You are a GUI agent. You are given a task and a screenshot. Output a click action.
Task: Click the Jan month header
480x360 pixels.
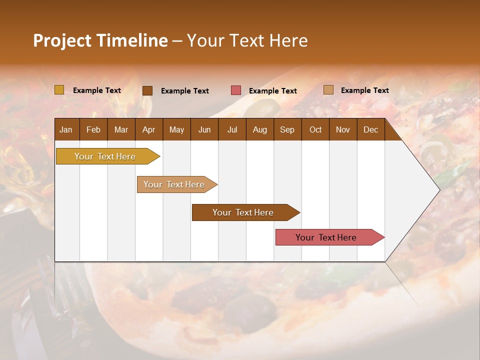click(x=66, y=129)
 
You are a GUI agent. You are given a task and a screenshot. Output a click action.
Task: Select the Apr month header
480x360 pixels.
click(x=148, y=129)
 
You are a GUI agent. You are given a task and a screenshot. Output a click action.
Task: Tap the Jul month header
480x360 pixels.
click(x=232, y=129)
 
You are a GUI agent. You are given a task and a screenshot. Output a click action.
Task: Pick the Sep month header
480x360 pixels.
click(x=287, y=129)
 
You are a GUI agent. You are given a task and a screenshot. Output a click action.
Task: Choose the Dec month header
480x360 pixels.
click(x=370, y=129)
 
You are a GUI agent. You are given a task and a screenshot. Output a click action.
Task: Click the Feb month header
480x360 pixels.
click(x=93, y=129)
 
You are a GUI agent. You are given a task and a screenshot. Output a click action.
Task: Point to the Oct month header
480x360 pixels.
click(x=315, y=129)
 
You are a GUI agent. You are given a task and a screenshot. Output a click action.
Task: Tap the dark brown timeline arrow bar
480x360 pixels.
click(x=243, y=212)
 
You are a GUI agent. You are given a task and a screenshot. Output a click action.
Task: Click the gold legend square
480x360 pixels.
click(x=59, y=90)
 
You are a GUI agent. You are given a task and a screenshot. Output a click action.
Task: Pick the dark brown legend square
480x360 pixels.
click(x=147, y=90)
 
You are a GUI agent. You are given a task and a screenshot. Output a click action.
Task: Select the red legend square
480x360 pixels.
click(x=236, y=90)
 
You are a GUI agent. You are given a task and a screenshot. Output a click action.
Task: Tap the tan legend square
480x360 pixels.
click(x=328, y=90)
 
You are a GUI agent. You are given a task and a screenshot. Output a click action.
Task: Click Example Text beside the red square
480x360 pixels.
click(x=273, y=90)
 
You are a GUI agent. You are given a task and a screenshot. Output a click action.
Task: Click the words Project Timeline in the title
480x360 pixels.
click(x=100, y=40)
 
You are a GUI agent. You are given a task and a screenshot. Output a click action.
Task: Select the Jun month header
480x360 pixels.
click(x=204, y=129)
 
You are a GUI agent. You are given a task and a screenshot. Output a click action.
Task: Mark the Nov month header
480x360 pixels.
click(x=343, y=129)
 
